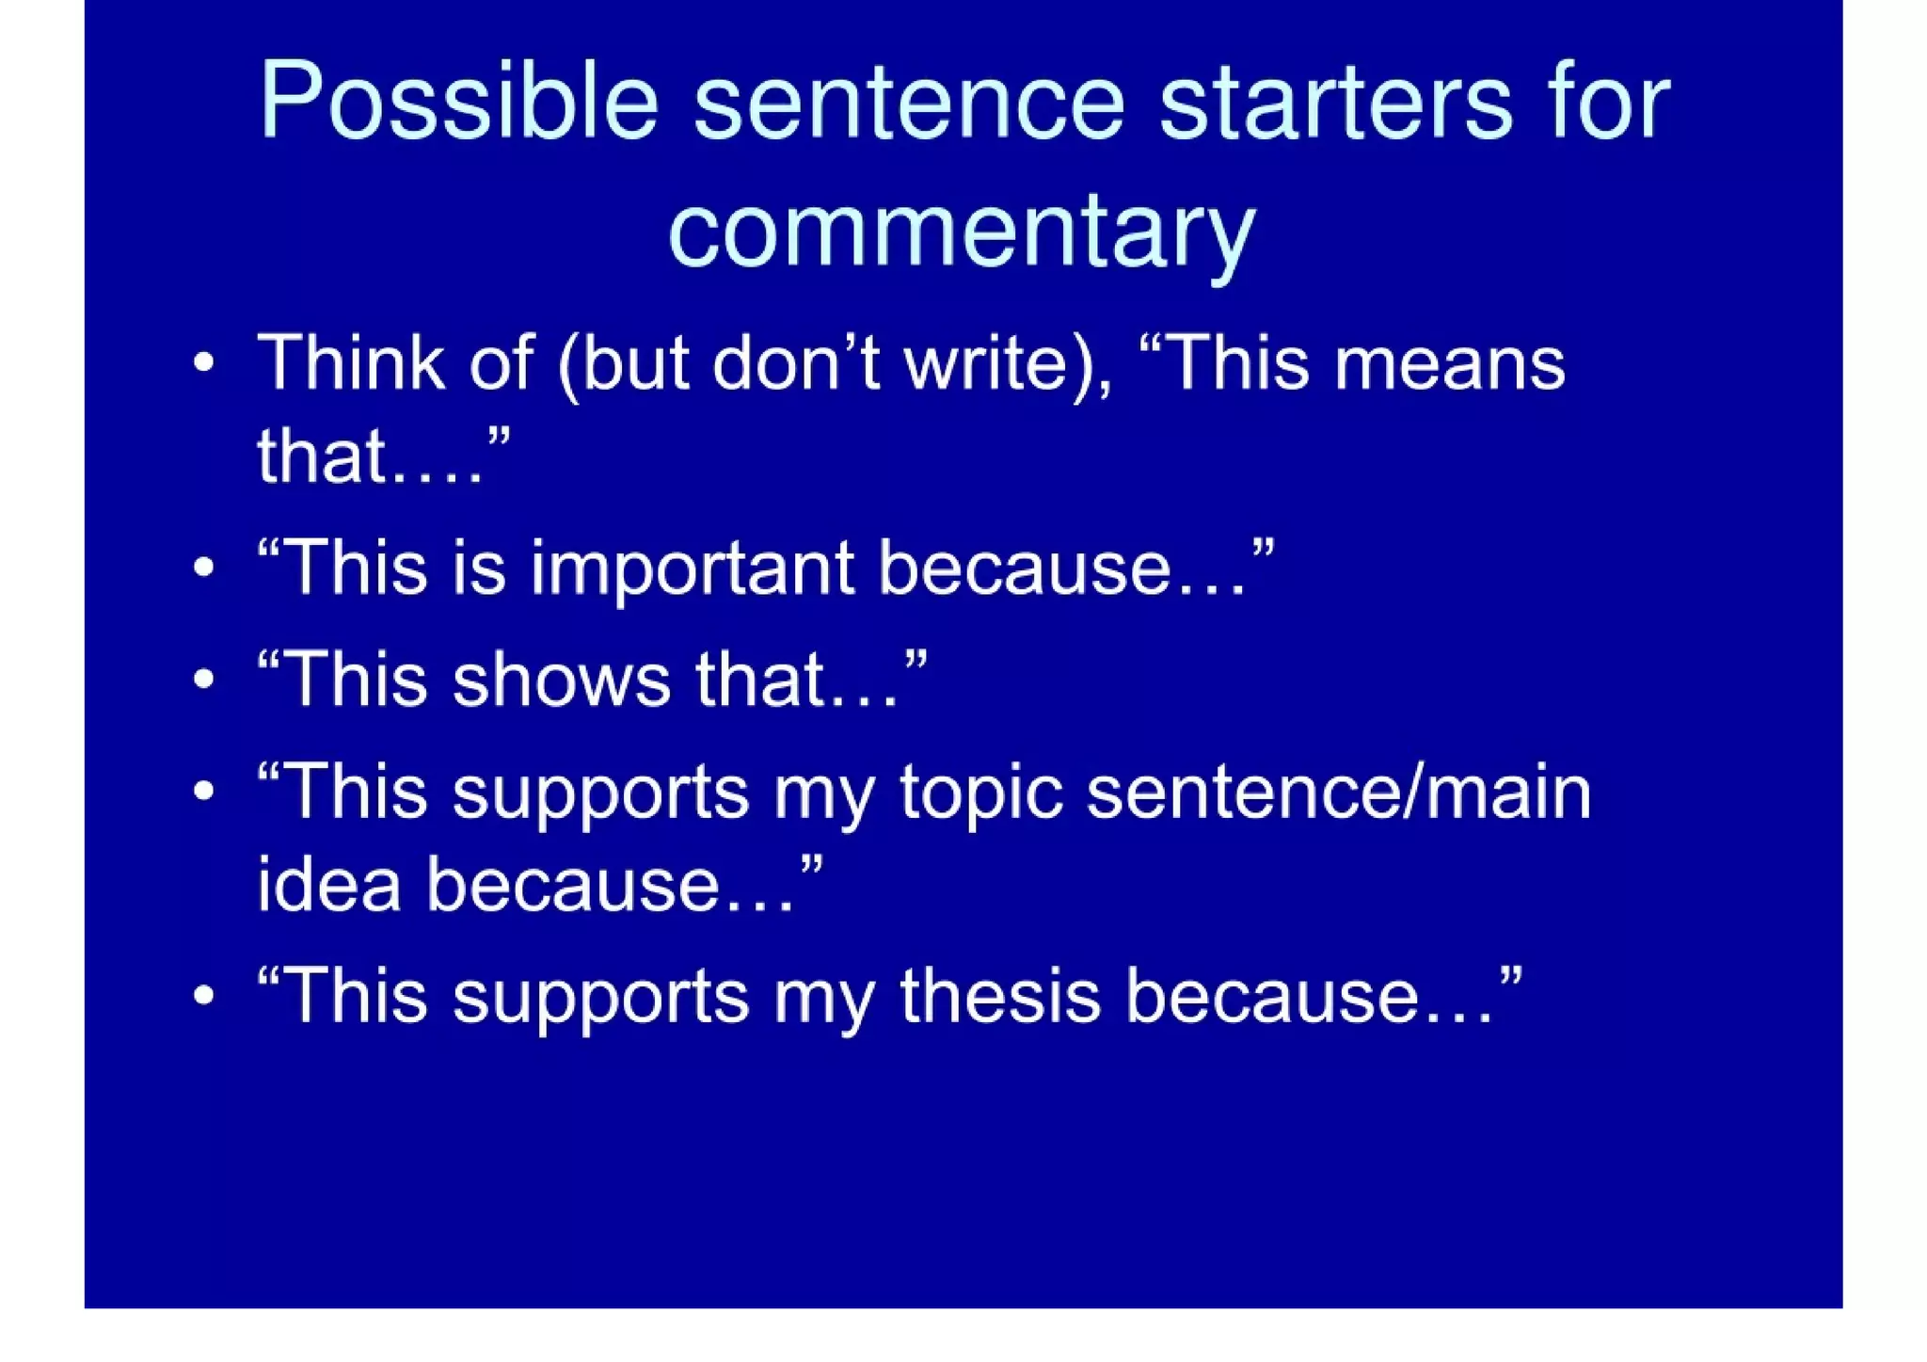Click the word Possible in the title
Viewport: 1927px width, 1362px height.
pos(458,102)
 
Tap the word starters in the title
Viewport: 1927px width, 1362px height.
pos(1335,102)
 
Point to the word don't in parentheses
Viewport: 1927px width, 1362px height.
pos(796,362)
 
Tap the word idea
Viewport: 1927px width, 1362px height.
pos(329,885)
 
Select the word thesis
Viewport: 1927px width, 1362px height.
pos(999,996)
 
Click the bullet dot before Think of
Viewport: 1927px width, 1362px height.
pos(204,363)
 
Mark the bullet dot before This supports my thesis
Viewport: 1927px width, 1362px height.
pos(204,996)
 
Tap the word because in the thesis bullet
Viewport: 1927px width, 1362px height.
pos(1308,996)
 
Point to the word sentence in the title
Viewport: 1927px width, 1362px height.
pos(908,102)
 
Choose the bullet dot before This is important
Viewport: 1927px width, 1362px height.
pos(204,569)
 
